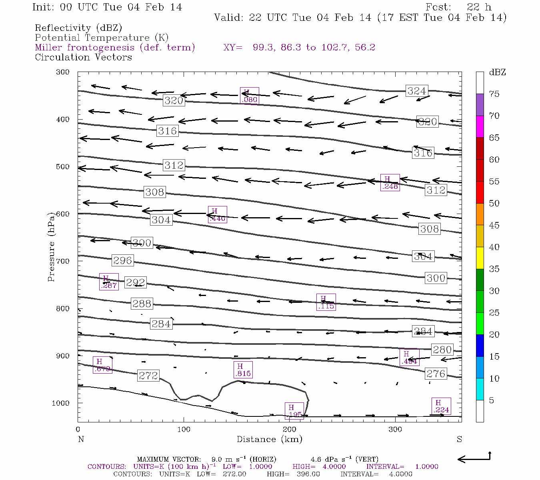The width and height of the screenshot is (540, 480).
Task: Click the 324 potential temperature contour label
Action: tap(417, 91)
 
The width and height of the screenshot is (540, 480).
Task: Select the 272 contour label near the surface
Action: tap(148, 376)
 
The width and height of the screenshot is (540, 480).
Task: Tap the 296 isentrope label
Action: tap(122, 260)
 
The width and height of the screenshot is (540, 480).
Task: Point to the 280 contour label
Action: tap(442, 350)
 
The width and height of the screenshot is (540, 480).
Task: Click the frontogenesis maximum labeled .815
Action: tap(243, 370)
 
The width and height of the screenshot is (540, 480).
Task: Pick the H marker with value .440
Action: tap(217, 215)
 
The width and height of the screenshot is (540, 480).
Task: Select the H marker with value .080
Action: tap(249, 96)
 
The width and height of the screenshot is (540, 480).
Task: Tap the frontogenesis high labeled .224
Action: tap(441, 406)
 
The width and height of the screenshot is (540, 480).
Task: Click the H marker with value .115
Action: tap(326, 302)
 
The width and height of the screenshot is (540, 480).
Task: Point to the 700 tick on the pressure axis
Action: tap(63, 261)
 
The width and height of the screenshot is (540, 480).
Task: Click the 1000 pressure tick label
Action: tap(61, 403)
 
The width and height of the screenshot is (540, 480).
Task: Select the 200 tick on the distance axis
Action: tap(290, 430)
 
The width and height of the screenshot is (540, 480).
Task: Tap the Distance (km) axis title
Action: tap(269, 439)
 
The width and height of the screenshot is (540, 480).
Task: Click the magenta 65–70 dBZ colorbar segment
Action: tap(480, 126)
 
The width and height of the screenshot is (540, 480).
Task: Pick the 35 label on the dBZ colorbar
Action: tap(494, 269)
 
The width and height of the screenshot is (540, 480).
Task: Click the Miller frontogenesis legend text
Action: tap(115, 48)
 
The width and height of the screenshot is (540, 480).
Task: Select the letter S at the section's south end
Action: tap(459, 439)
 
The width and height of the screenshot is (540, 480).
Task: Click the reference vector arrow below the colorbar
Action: tap(474, 458)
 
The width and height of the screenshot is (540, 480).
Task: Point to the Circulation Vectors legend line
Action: tap(83, 57)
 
